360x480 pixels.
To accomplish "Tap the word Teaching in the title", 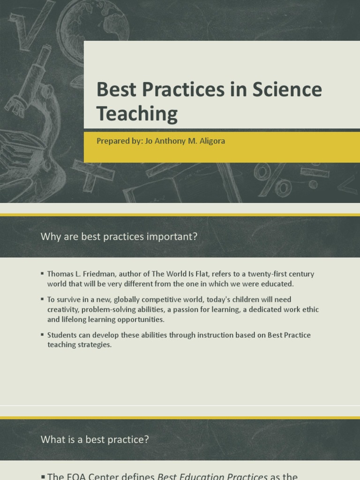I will (137, 114).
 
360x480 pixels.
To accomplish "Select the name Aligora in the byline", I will (210, 141).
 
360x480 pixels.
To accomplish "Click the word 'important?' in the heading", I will (173, 237).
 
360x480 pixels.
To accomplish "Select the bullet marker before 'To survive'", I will (43, 299).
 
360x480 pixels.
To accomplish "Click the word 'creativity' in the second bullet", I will (61, 310).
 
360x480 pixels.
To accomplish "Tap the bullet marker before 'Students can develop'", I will (43, 335).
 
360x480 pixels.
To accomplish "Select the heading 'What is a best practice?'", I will (95, 439).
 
